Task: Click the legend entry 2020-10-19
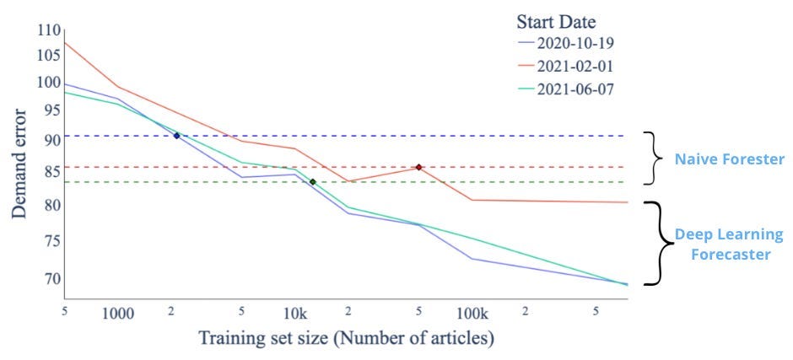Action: (x=567, y=43)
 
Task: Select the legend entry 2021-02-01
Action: (x=567, y=67)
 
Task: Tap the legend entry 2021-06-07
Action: (x=567, y=89)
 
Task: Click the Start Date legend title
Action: (x=556, y=22)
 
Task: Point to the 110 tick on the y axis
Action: (x=49, y=31)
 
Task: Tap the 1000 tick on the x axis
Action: (x=118, y=314)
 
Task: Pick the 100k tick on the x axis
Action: (x=472, y=314)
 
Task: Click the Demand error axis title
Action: (x=19, y=163)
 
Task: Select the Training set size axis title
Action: (x=346, y=338)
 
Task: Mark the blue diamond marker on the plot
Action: (x=176, y=136)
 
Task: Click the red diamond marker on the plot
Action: (x=418, y=167)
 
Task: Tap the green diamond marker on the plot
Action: (x=312, y=182)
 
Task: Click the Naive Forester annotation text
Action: (x=729, y=159)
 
